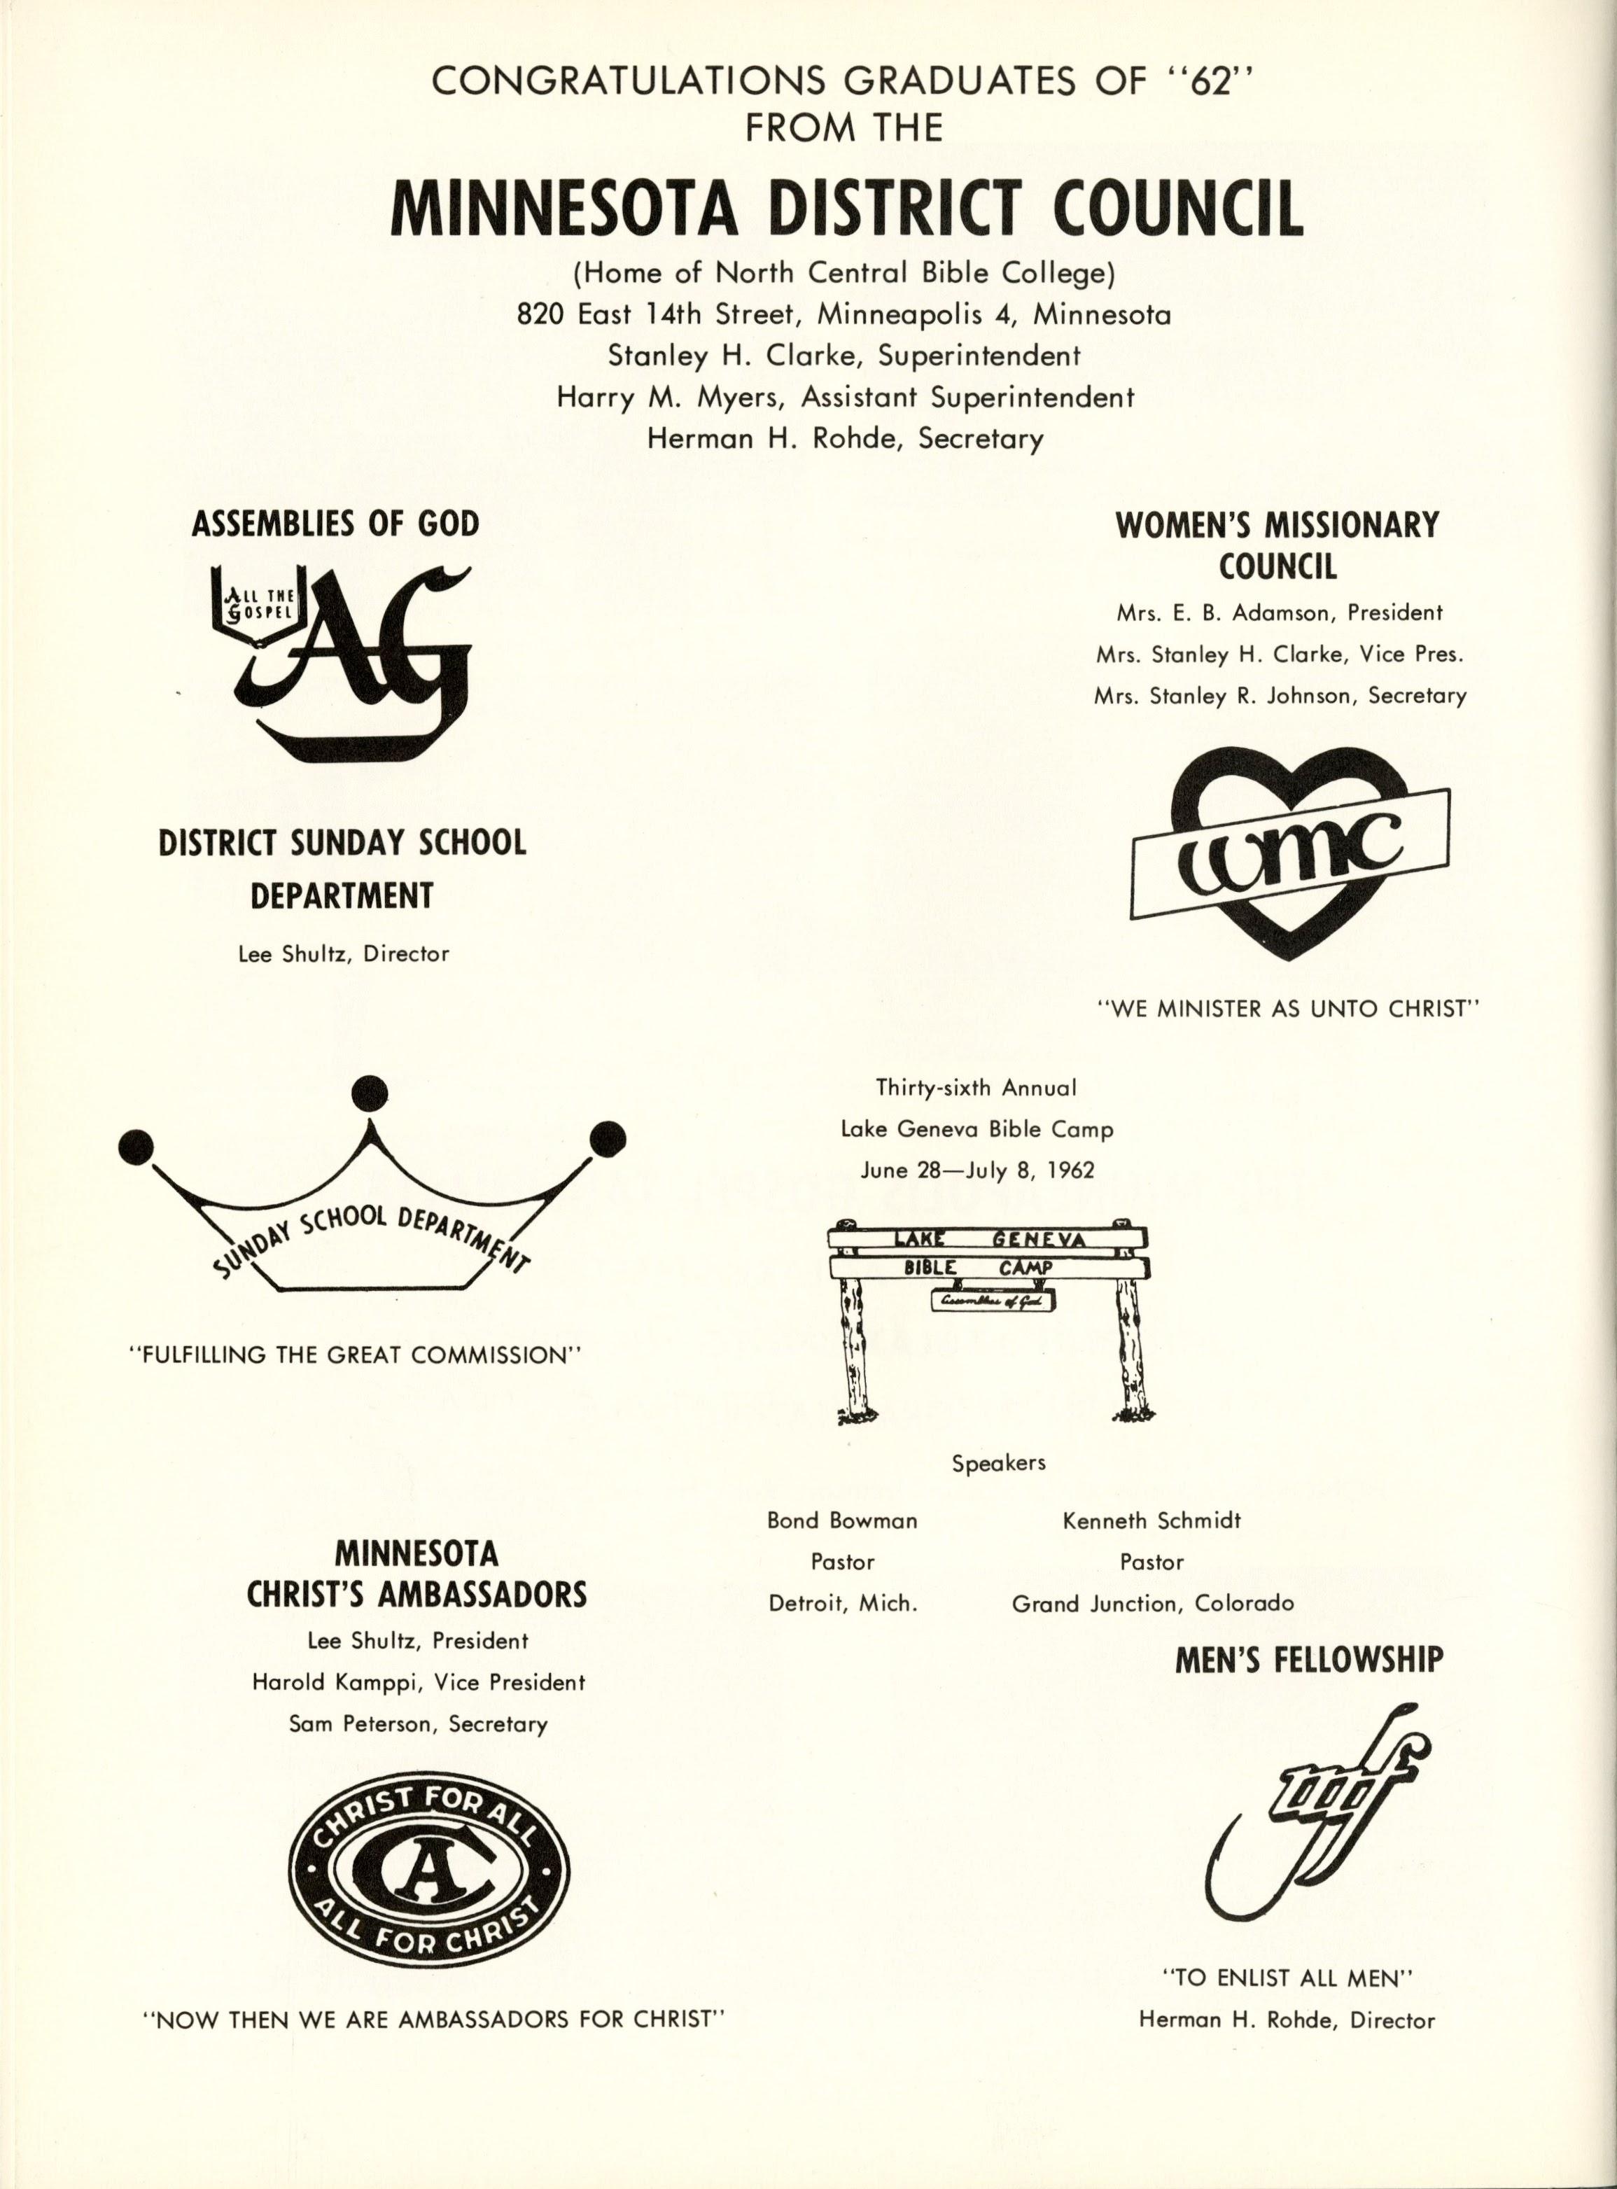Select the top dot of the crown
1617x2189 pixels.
click(x=369, y=1093)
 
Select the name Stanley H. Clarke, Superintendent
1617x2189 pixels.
click(x=843, y=356)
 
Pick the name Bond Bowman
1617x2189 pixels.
click(x=842, y=1520)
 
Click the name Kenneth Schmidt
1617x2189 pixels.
click(x=1151, y=1520)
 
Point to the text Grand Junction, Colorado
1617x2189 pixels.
click(x=1152, y=1604)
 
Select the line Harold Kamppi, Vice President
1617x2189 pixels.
click(x=418, y=1682)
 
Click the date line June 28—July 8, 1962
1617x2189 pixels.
click(x=977, y=1171)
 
